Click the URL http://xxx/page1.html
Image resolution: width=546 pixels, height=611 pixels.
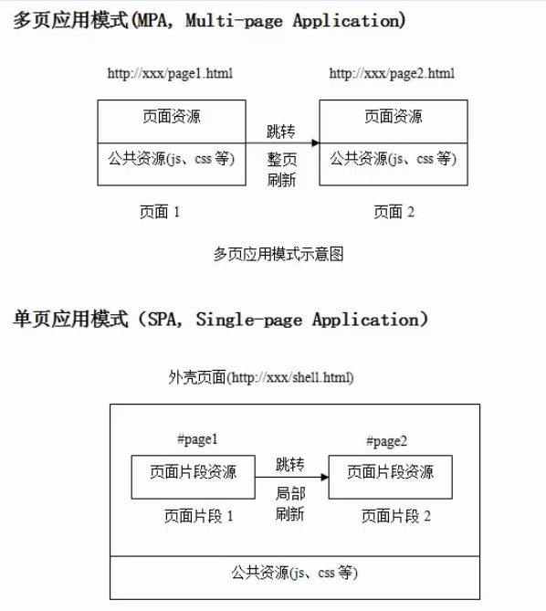[x=170, y=74]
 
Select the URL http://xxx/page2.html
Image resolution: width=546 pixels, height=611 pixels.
[x=392, y=74]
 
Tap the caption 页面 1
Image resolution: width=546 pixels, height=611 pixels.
[x=160, y=212]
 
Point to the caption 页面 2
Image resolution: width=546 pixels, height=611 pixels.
[x=394, y=212]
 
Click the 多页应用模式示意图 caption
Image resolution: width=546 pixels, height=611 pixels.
[x=278, y=254]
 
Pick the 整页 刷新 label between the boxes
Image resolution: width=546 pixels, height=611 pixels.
[x=281, y=170]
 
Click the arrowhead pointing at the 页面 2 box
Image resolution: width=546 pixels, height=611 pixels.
[x=315, y=143]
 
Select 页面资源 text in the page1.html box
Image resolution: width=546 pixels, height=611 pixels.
[x=172, y=117]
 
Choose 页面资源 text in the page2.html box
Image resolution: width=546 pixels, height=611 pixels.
[x=394, y=117]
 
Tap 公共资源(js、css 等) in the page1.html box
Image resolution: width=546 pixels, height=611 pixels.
[x=172, y=159]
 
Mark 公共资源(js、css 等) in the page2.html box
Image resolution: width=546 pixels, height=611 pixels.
[x=394, y=159]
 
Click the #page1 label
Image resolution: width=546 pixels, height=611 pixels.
[x=197, y=440]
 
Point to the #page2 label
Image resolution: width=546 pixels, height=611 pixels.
[x=387, y=441]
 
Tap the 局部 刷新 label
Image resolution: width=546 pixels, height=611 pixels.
[x=290, y=503]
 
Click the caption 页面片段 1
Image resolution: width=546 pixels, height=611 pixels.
[x=199, y=516]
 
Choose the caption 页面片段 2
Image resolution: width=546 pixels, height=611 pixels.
[x=396, y=516]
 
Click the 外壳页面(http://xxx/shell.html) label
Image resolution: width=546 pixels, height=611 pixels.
[x=261, y=377]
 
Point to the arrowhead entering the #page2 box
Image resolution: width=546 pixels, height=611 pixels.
[x=325, y=477]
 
